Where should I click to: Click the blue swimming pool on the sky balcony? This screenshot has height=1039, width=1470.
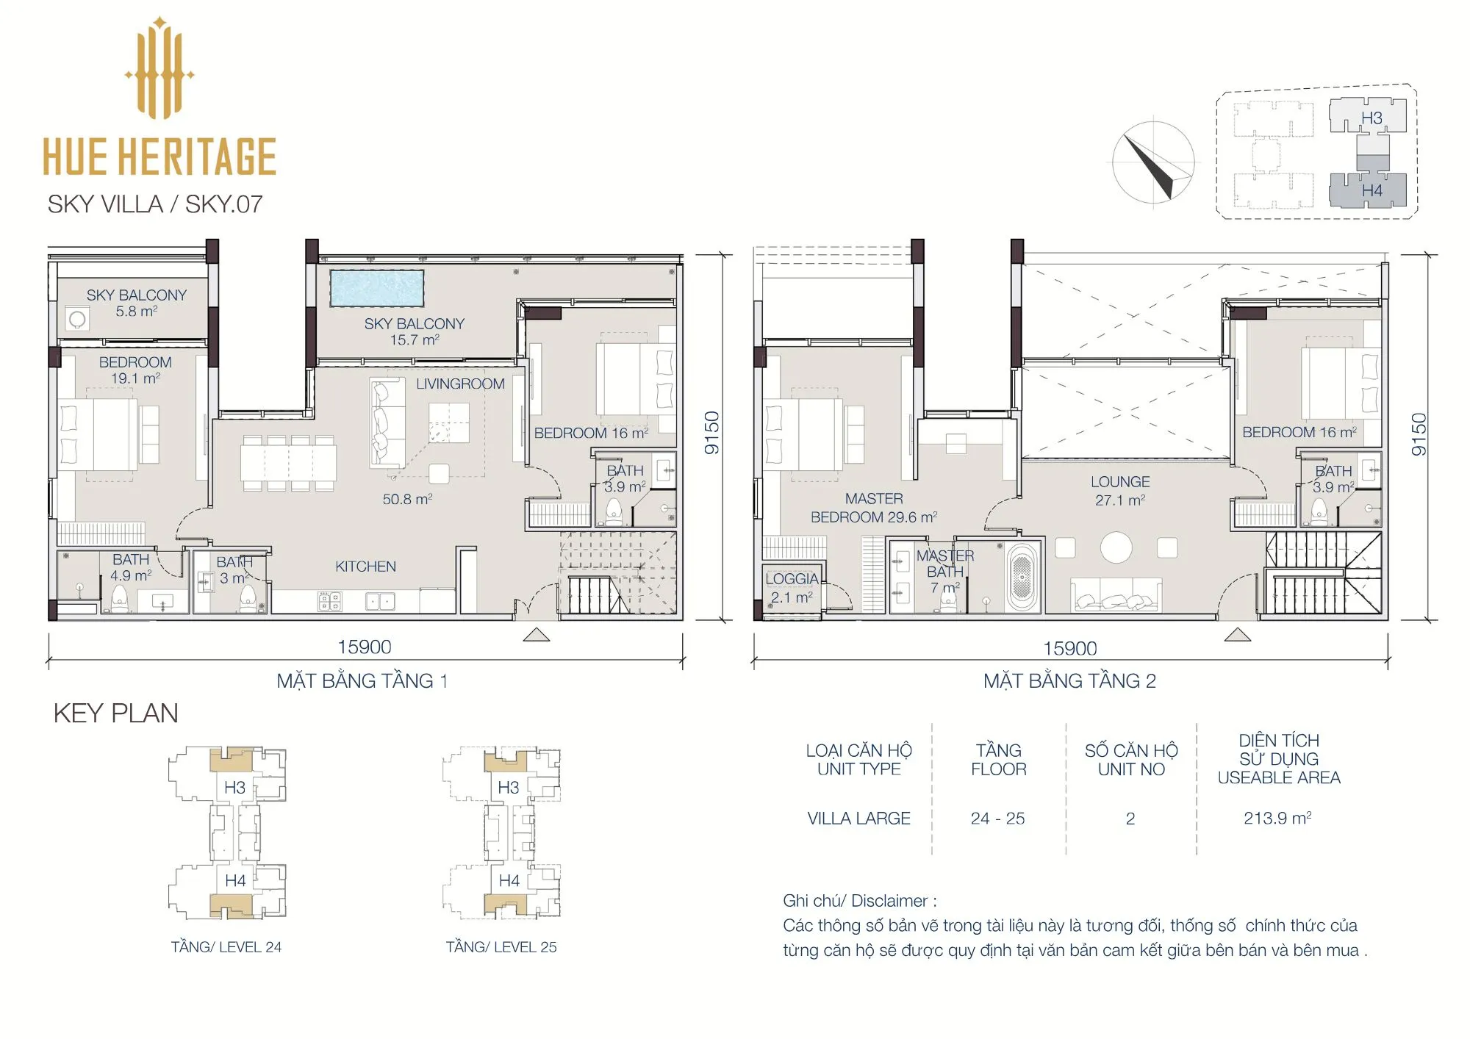377,288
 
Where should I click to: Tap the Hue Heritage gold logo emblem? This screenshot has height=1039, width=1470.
159,68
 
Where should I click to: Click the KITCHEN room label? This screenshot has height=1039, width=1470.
365,567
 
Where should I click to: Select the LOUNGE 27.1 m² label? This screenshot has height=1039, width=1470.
1120,491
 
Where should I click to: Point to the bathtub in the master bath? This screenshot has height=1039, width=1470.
1022,576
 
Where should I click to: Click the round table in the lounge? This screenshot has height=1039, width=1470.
1116,547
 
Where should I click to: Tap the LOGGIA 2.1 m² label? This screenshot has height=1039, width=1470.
792,588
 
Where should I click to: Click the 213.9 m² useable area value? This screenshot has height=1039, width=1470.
1277,818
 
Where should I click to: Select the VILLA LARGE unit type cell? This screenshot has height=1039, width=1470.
858,818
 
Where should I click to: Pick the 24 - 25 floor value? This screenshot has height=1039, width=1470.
997,819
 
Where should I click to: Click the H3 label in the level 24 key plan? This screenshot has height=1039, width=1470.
234,787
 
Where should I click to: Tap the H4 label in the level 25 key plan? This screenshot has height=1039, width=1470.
509,880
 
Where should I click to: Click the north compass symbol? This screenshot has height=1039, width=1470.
1152,163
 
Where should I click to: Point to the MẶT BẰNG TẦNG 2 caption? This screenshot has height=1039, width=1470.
1069,681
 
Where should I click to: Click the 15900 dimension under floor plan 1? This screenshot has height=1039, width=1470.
364,647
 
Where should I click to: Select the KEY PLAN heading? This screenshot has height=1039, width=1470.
115,713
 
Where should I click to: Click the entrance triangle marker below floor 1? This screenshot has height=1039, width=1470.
537,635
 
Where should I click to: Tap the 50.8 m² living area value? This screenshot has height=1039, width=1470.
407,499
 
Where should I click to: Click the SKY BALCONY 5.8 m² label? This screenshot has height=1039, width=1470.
136,303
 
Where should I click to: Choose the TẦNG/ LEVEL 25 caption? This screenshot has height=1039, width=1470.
501,947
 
